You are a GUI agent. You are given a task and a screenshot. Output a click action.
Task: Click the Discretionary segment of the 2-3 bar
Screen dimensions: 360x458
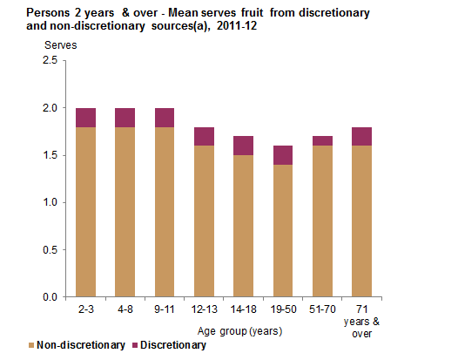85,118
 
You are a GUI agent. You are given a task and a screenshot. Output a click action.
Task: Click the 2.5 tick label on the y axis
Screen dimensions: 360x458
48,61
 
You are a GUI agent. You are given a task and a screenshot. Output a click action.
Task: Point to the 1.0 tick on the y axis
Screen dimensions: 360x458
48,202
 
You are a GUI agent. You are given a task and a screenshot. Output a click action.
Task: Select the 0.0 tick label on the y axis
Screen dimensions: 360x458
48,297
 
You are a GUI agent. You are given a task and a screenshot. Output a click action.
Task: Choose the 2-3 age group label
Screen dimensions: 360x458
85,309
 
